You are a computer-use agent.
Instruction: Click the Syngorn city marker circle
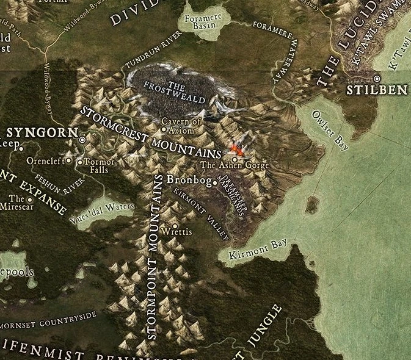point(82,140)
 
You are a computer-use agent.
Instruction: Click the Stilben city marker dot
point(377,79)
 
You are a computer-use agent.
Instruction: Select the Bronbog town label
point(184,181)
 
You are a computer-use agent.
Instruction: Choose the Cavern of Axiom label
point(181,125)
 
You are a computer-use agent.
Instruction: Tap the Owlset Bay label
point(330,131)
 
